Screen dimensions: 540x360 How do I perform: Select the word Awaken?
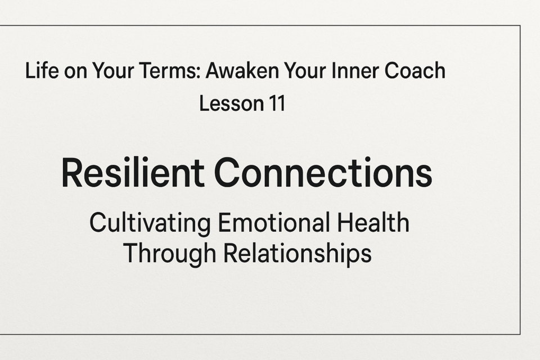pos(242,70)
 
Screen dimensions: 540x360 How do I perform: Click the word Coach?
pos(415,70)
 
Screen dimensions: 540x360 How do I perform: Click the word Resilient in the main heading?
pos(133,172)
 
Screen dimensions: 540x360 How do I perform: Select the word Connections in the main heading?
pos(323,172)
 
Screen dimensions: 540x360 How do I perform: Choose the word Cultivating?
pos(150,223)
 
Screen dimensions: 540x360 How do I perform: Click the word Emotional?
pos(275,223)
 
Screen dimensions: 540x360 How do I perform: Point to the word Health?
pos(373,223)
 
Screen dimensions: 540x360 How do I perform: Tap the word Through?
pos(170,254)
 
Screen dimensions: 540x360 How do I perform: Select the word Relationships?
pos(298,254)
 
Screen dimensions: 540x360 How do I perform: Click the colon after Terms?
pos(199,73)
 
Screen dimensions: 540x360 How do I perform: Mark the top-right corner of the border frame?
pos(520,25)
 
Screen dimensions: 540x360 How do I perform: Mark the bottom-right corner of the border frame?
pos(520,334)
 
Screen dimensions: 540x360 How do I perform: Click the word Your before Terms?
pos(113,70)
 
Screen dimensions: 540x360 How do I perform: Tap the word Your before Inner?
pos(305,70)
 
